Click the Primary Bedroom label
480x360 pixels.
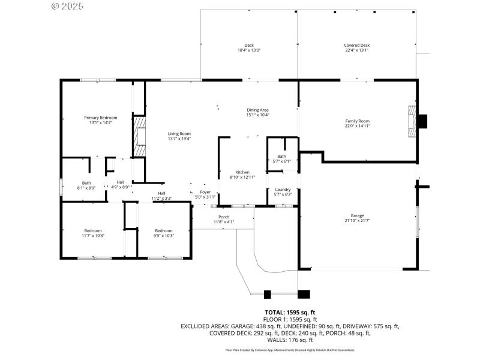[100, 118]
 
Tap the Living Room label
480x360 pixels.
[179, 134]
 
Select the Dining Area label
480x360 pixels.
[258, 110]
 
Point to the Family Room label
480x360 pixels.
[357, 121]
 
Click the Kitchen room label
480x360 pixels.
[242, 172]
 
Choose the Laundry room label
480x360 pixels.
[282, 190]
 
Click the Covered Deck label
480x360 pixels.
[356, 46]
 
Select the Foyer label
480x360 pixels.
[205, 192]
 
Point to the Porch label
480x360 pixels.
[224, 217]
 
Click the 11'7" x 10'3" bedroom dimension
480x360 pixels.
[92, 236]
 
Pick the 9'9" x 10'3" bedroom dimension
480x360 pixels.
[164, 236]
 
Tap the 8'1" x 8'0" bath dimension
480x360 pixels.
[86, 188]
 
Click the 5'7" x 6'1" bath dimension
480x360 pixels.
[282, 161]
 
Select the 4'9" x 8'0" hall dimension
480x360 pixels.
[121, 187]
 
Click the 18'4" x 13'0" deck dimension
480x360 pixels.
[249, 50]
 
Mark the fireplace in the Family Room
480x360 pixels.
[412, 122]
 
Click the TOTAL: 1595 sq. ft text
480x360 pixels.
[290, 312]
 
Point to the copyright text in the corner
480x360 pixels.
[67, 6]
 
